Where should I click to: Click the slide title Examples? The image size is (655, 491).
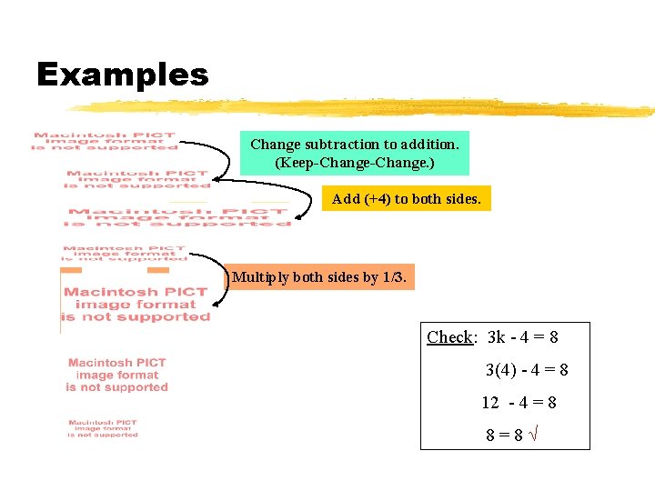122,75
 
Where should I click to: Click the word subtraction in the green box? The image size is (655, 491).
327,144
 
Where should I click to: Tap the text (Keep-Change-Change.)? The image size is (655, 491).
355,164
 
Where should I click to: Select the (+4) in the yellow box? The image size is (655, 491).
377,199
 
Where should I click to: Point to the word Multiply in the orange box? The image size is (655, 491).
260,276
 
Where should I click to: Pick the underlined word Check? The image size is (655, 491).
449,337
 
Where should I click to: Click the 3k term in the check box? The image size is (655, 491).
497,337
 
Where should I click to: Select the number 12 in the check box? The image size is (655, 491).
490,403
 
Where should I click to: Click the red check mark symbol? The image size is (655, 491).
537,435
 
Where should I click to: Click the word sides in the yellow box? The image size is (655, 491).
462,199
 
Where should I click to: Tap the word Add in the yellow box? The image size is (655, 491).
346,199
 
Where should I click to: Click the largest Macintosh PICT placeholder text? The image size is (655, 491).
136,305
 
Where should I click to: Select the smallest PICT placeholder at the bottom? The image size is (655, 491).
103,428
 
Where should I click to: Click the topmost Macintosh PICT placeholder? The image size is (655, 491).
106,142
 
